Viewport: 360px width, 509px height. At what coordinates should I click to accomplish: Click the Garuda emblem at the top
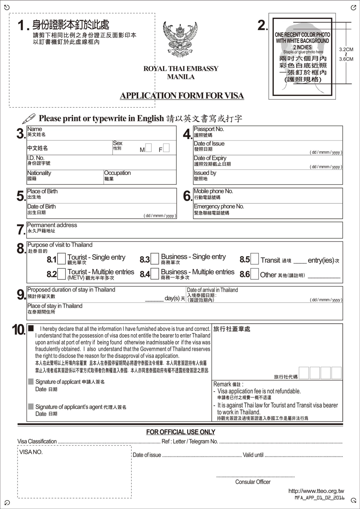coord(180,39)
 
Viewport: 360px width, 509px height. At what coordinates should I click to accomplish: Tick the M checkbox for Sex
coord(148,148)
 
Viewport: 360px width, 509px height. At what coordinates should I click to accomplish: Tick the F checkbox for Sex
coord(166,148)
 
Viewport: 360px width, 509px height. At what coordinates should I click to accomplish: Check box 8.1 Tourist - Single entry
coord(61,259)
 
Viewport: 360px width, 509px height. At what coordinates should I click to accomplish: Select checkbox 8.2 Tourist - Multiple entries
coord(61,274)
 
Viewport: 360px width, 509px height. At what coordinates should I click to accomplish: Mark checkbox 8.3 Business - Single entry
coord(155,259)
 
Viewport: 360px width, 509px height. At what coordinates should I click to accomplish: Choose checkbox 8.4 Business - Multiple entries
coord(155,274)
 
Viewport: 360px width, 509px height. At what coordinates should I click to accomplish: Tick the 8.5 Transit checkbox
coord(254,259)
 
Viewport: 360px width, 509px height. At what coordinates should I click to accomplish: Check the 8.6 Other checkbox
coord(254,274)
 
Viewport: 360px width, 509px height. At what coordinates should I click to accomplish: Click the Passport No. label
coord(209,129)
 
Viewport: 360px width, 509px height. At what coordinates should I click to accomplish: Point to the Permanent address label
coord(52,225)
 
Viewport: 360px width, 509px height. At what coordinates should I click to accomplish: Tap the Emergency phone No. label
coord(219,206)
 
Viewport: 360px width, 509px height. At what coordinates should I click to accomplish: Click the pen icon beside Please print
coord(29,118)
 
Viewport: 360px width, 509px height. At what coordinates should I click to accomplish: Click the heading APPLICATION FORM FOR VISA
coord(182,96)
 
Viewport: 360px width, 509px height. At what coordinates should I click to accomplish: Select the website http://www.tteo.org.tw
coord(316,491)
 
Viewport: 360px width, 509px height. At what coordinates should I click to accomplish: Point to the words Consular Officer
coord(253,482)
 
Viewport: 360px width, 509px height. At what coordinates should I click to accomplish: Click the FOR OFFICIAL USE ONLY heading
coord(181,432)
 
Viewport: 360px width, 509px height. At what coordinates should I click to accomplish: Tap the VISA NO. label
coord(31,452)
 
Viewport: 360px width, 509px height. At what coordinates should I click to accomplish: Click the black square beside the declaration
coord(31,328)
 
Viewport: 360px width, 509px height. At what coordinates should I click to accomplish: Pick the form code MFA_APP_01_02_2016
coord(319,498)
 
